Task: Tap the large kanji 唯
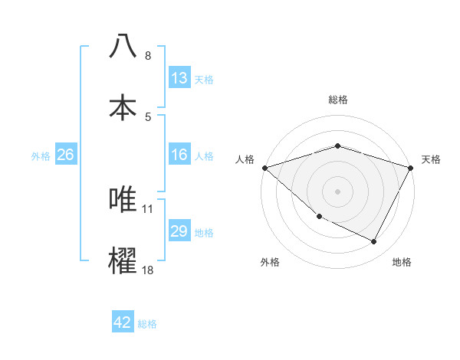click(123, 199)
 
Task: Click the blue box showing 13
click(179, 78)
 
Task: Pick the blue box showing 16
click(179, 155)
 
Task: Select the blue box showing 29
click(179, 231)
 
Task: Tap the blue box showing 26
click(65, 155)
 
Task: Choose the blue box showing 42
click(123, 322)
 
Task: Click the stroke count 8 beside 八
click(148, 56)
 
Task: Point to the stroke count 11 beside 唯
click(148, 208)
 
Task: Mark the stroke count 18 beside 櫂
click(148, 270)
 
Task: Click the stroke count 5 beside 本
click(148, 116)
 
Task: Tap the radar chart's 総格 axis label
click(337, 100)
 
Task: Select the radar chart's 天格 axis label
click(431, 159)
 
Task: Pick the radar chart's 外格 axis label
click(270, 262)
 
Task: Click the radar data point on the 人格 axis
click(264, 167)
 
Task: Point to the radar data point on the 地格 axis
click(374, 242)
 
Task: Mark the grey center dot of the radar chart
click(337, 191)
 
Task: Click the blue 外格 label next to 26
click(41, 155)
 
